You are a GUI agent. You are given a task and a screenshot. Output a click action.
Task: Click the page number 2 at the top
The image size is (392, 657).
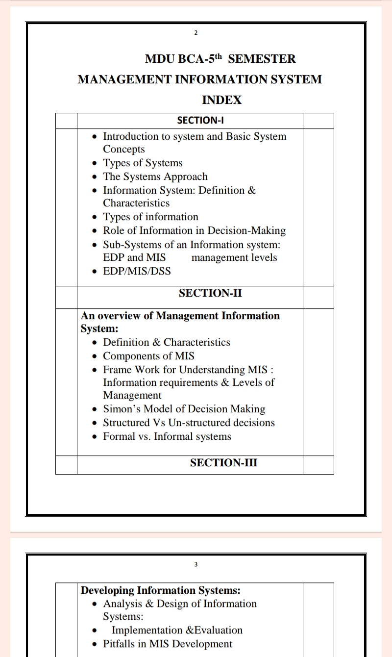[196, 33]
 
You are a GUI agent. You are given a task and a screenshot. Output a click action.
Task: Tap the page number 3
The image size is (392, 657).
[196, 564]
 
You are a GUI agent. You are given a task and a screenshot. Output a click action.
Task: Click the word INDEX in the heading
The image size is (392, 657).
[222, 100]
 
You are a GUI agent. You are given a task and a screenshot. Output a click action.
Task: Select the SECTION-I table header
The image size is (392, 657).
[200, 121]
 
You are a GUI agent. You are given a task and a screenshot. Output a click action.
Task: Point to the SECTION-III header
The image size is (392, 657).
[223, 463]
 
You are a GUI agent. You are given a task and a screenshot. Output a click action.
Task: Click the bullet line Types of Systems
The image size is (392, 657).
[142, 163]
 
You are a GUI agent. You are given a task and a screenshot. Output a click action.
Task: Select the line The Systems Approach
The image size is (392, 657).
[155, 177]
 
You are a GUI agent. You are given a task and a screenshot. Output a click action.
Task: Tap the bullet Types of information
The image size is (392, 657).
[150, 217]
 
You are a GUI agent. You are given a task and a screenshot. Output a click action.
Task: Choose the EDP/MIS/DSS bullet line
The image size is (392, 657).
[137, 271]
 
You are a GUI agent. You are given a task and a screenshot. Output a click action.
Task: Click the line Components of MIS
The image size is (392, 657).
[148, 356]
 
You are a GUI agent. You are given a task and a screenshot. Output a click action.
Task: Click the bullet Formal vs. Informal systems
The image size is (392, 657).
[167, 436]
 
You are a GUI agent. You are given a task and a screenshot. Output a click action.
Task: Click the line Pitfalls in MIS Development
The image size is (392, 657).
[168, 644]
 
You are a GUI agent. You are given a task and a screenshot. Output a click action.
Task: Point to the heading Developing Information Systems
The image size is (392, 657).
[160, 590]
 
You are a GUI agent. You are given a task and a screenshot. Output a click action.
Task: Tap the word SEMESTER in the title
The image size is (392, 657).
[262, 59]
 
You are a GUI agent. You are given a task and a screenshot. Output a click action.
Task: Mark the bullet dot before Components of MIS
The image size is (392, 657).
[95, 356]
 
